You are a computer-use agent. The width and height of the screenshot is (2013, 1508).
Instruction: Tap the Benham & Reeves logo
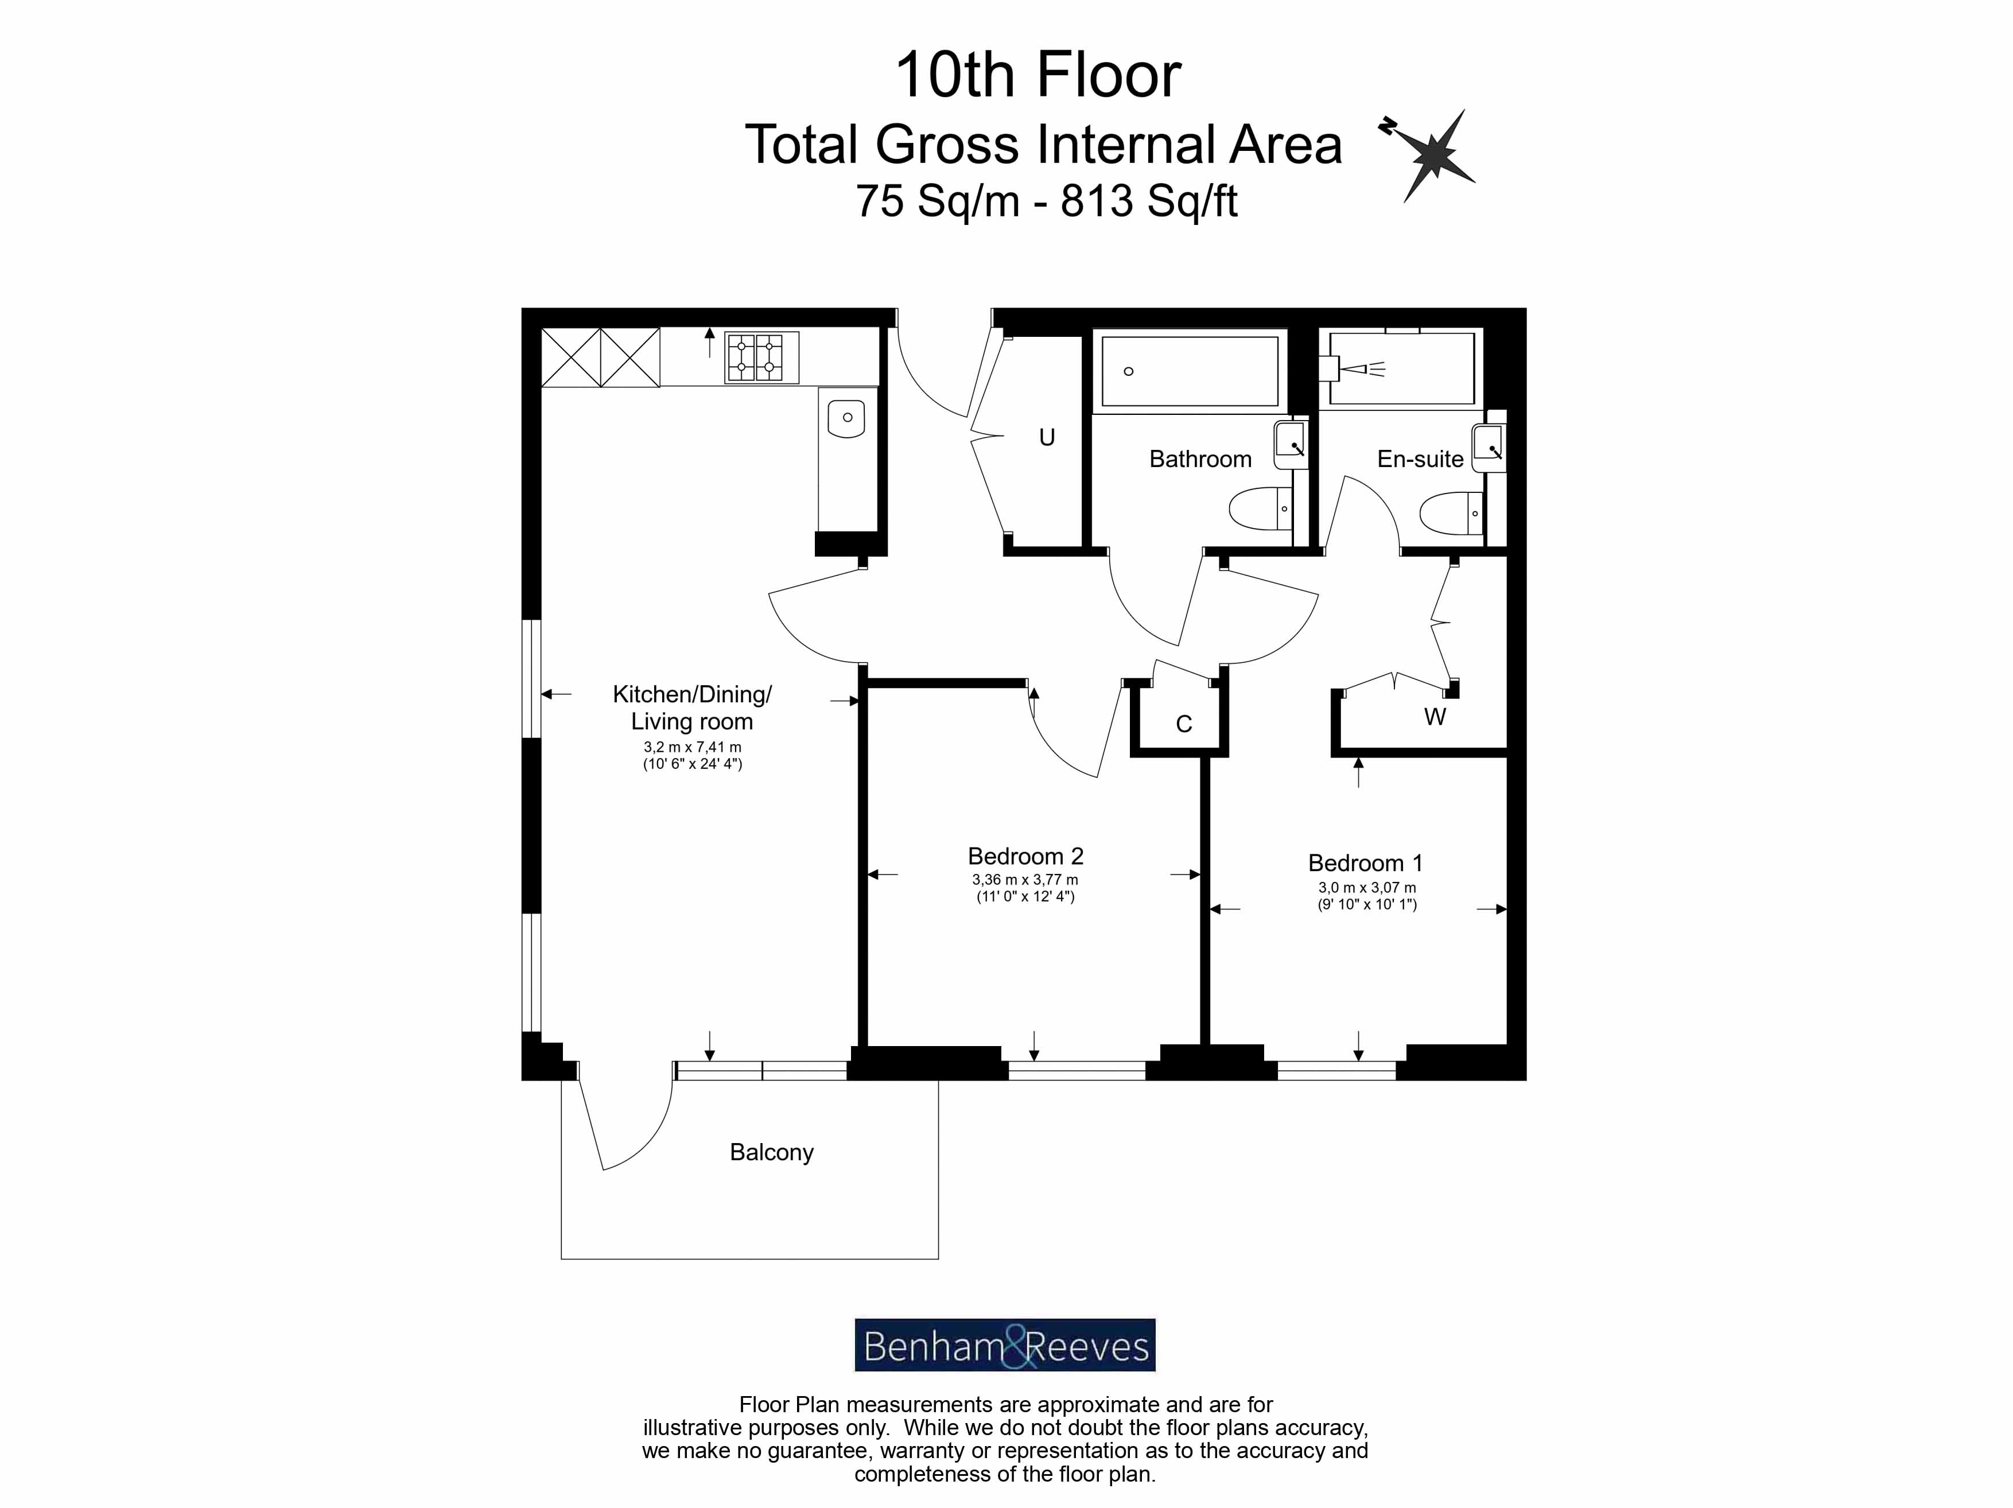(x=1005, y=1345)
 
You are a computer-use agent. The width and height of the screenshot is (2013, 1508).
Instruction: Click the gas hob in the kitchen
(x=761, y=357)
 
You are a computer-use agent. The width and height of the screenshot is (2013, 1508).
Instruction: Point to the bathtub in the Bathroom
(x=1190, y=371)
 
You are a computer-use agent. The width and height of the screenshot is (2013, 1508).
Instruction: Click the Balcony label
(x=771, y=1152)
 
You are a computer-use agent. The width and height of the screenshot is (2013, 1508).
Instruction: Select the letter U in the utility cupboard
(x=1047, y=438)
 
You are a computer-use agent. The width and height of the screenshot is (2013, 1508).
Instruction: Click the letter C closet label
(x=1183, y=724)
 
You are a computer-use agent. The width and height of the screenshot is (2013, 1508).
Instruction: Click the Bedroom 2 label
(x=1025, y=856)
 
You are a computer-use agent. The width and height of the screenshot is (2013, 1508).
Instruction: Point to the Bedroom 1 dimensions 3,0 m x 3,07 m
(x=1367, y=887)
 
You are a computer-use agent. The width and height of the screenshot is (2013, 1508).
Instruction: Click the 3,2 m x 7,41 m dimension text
(x=691, y=747)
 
